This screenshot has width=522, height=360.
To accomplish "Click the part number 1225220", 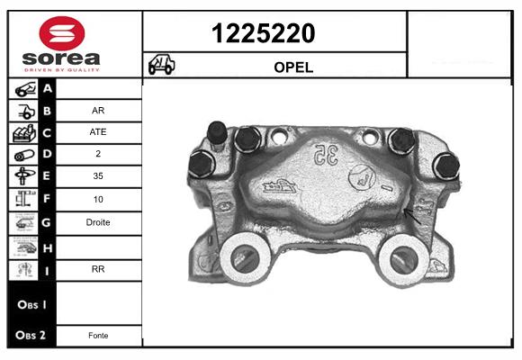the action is tap(263, 33).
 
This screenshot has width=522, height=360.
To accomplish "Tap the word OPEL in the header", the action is tap(293, 67).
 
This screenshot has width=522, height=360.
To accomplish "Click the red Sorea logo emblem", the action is tap(62, 33).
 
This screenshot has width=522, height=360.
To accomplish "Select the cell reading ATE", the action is tap(98, 132).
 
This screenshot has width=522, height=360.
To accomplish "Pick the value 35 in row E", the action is tap(98, 175).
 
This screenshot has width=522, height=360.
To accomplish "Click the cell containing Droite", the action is tap(98, 222).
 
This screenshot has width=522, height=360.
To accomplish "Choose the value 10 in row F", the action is tap(98, 200).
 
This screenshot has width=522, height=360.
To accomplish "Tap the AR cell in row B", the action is tap(98, 110).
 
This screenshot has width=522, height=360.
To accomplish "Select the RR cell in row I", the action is tap(98, 269).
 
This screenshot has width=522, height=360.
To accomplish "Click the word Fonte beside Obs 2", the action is tap(98, 336).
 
